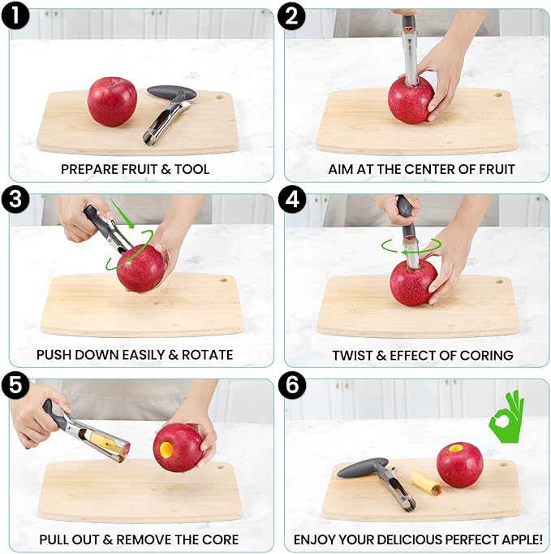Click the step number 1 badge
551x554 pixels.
click(15, 15)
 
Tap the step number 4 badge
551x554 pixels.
click(292, 201)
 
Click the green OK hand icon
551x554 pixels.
click(506, 416)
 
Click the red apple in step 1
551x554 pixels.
click(112, 102)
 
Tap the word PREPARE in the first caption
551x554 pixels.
click(87, 170)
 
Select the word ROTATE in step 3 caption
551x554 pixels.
click(207, 355)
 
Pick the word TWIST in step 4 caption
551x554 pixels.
click(351, 355)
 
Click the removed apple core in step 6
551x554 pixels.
click(426, 483)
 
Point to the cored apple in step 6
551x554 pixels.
click(459, 465)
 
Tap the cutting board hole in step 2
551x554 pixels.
click(498, 95)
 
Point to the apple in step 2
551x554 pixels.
click(411, 99)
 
